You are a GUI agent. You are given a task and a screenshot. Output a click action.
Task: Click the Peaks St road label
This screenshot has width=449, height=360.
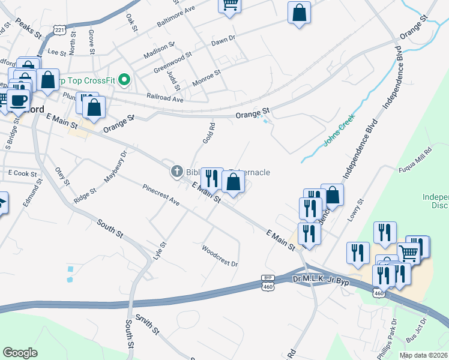pyautogui.click(x=27, y=28)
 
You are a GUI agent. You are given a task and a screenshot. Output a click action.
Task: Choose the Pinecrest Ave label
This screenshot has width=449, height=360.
pyautogui.click(x=161, y=195)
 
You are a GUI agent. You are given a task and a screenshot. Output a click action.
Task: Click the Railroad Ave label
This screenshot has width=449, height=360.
pyautogui.click(x=165, y=98)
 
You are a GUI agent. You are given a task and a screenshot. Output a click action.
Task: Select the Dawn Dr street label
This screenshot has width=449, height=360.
pyautogui.click(x=223, y=41)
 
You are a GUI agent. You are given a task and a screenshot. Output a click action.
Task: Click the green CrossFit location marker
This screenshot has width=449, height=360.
pyautogui.click(x=125, y=79)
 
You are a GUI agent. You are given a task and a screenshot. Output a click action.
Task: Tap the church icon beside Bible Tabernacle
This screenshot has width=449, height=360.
pyautogui.click(x=176, y=172)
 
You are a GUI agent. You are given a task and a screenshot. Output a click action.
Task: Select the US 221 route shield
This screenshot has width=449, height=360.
pyautogui.click(x=59, y=29)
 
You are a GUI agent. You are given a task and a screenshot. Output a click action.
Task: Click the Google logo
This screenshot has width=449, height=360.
pyautogui.click(x=20, y=353)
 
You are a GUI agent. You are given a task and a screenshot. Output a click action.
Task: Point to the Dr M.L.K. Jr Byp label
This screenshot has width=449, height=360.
pyautogui.click(x=321, y=280)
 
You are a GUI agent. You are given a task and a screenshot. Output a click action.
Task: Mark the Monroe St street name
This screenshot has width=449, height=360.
pyautogui.click(x=206, y=77)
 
